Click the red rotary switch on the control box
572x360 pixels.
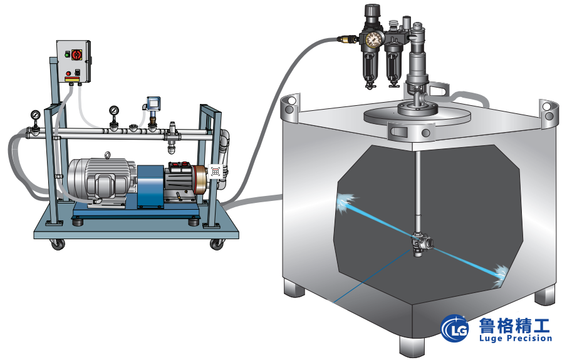(76, 54)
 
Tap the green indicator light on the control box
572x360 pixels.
(67, 54)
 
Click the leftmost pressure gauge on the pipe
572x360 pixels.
(35, 115)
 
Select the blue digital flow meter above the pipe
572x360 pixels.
(153, 103)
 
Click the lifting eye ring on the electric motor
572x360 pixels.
(108, 155)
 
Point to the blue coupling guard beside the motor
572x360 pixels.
(150, 186)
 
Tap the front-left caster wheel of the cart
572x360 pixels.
(58, 244)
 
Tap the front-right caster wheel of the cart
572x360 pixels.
(217, 244)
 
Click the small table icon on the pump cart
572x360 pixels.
(216, 172)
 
